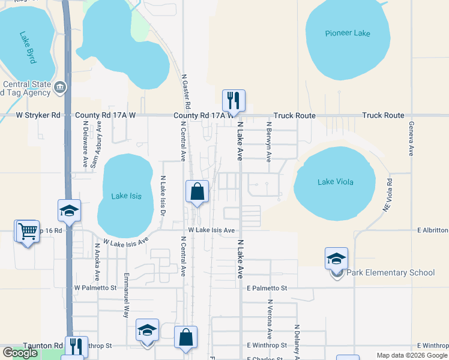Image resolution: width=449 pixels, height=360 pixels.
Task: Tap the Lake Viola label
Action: [x=335, y=182]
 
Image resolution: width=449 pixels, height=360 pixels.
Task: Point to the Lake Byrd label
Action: [x=28, y=47]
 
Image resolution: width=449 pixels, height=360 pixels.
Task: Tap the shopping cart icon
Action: [x=28, y=231]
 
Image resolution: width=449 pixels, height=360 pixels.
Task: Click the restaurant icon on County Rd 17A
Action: [x=234, y=101]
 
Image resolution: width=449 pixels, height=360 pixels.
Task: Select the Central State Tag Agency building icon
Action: [x=60, y=88]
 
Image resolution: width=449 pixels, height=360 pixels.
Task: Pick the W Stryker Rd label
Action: [x=38, y=115]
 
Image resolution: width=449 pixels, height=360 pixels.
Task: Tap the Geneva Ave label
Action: [x=411, y=139]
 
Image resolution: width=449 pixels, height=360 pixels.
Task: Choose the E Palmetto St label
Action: [x=267, y=288]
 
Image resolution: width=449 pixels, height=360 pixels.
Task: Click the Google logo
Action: [x=20, y=352]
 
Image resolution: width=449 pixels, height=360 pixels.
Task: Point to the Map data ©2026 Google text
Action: [x=411, y=355]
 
